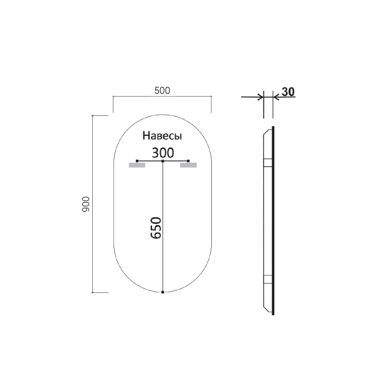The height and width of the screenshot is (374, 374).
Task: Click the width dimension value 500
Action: [x=161, y=90]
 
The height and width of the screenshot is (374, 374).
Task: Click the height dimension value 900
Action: [x=87, y=204]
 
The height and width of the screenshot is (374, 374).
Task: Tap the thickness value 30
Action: [x=287, y=92]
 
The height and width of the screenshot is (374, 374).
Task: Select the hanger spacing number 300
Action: [x=163, y=151]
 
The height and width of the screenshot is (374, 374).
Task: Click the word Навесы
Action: [x=162, y=136]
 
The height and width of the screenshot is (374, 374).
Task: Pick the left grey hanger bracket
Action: [x=137, y=165]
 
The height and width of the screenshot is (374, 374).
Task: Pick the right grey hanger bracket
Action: [x=188, y=165]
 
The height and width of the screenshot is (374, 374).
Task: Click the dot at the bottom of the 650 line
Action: [x=163, y=292]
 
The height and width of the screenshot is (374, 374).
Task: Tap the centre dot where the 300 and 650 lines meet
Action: [x=163, y=161]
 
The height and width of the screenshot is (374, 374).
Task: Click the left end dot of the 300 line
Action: [x=137, y=161]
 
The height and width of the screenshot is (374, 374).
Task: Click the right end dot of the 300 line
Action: [x=189, y=161]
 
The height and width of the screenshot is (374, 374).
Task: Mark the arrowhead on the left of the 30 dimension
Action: [x=260, y=97]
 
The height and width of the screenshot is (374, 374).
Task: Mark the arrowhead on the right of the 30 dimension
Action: [x=276, y=97]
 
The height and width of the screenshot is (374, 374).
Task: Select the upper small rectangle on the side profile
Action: [x=268, y=163]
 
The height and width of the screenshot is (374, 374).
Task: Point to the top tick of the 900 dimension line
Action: [x=93, y=116]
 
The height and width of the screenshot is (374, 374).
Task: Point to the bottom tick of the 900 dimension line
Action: [x=93, y=292]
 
